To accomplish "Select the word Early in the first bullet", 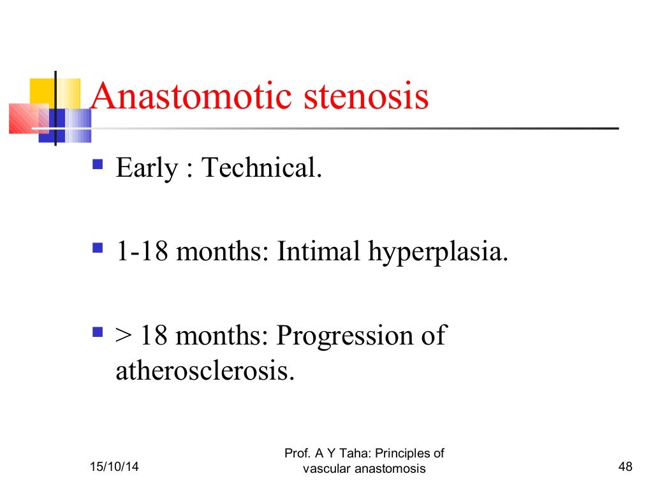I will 146,169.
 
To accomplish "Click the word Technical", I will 261,168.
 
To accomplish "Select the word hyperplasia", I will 439,253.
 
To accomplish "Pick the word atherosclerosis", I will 205,371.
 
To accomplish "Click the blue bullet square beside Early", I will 98,165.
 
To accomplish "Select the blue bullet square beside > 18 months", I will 98,332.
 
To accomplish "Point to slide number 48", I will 625,469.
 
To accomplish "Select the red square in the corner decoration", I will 29,118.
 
